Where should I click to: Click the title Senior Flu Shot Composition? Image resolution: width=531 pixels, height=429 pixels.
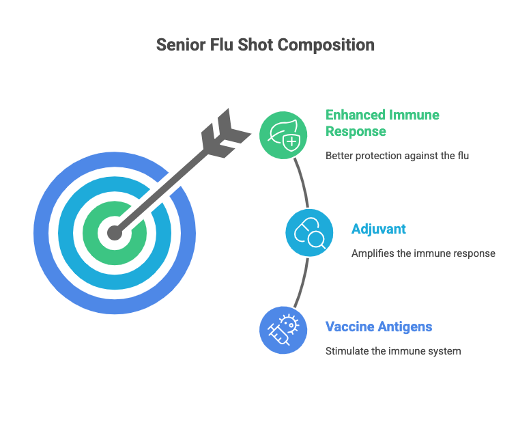coord(265,45)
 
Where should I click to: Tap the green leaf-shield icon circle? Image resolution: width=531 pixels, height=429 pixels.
coord(283,135)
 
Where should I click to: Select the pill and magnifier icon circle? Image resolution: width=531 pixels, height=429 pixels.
coord(308,233)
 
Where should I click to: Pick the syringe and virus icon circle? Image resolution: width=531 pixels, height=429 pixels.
coord(283,331)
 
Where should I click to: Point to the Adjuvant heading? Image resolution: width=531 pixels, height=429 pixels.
coord(379,229)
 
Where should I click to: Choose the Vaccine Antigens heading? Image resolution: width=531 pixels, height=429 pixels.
coord(379,327)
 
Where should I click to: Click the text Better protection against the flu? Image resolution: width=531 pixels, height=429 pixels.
coord(397,156)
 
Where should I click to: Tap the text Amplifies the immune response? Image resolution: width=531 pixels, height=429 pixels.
coord(423,253)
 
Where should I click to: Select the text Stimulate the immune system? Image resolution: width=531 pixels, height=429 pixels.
coord(393,351)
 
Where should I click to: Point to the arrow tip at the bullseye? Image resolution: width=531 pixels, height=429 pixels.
coord(115,233)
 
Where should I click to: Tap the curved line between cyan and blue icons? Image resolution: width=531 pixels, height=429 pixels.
coord(302,283)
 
